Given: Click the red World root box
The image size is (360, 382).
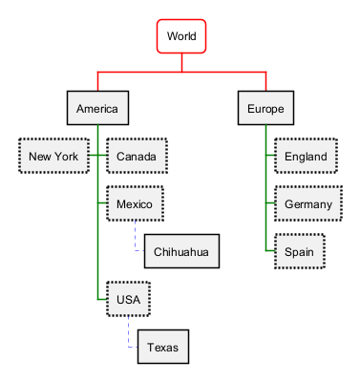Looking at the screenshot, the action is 181,36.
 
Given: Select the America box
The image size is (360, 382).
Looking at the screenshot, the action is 97,108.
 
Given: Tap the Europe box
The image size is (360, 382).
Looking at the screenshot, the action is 265,108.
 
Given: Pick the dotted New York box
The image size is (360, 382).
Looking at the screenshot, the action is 53,156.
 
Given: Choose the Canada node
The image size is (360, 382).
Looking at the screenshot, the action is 137,156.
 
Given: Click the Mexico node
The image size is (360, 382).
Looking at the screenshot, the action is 135,203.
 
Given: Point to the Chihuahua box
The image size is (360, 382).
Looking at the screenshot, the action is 181,251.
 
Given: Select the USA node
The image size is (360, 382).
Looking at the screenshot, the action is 128,299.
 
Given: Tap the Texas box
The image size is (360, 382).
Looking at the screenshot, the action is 163,347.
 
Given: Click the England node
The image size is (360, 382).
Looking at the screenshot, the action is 306,156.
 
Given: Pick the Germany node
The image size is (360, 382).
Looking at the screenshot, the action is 308,203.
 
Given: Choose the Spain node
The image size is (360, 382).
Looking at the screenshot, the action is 300,251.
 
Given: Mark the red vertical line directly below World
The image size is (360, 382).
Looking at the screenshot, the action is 181,62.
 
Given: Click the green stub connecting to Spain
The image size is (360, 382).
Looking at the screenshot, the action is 270,251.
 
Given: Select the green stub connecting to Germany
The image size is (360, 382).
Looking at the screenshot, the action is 270,203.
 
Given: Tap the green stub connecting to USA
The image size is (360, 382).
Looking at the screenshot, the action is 102,299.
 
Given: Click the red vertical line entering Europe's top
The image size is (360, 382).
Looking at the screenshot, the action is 265,81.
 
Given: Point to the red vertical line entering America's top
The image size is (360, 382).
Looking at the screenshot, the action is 97,81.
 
